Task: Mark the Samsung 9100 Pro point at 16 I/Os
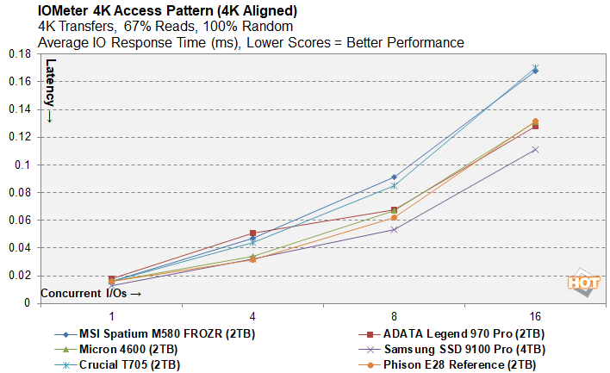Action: (x=535, y=149)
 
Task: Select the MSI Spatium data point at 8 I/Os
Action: (x=394, y=177)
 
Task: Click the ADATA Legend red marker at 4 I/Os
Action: (x=252, y=233)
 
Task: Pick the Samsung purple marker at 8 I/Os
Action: (x=394, y=229)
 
